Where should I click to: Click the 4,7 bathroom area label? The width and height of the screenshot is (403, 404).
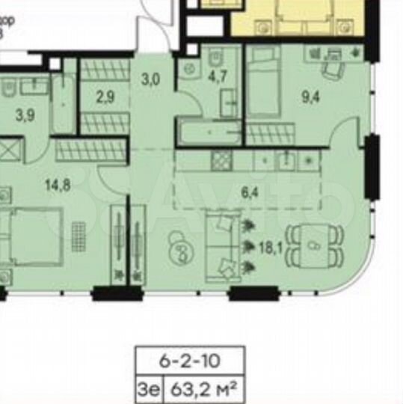(x=217, y=75)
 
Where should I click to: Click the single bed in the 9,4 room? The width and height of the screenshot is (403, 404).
(x=263, y=82)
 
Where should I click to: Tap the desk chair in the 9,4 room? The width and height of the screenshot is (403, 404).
(x=331, y=69)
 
